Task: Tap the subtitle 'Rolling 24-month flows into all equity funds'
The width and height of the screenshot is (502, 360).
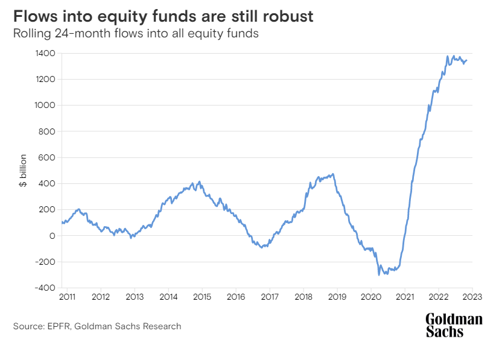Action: pos(136,34)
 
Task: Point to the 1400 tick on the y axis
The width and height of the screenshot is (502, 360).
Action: pos(46,53)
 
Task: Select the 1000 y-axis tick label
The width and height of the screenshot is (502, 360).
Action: pos(46,105)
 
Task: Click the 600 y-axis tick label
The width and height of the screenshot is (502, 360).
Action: pos(48,157)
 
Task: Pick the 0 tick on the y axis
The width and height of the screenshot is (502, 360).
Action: pos(52,236)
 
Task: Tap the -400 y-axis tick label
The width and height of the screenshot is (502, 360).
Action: pos(46,288)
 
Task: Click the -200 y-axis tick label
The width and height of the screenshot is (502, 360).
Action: pos(46,262)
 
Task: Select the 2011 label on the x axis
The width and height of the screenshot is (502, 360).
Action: pos(67,297)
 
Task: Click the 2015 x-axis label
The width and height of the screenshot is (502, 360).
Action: pos(202,297)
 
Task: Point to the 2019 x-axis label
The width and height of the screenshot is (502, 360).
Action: pos(337,297)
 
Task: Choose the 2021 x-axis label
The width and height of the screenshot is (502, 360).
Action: pos(405,297)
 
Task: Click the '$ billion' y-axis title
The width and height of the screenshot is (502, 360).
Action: pos(22,171)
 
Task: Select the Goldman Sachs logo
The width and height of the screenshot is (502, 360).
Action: pos(454,325)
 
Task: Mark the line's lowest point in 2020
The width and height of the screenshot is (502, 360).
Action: pos(379,275)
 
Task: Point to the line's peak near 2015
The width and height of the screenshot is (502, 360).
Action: pos(200,182)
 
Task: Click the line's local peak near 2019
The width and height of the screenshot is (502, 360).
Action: pos(333,174)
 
